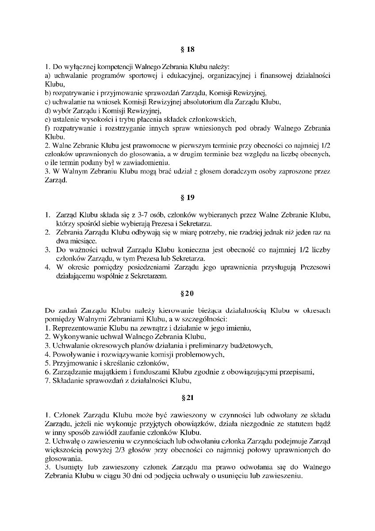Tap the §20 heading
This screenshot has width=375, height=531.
click(187, 293)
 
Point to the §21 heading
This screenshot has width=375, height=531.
click(187, 397)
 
